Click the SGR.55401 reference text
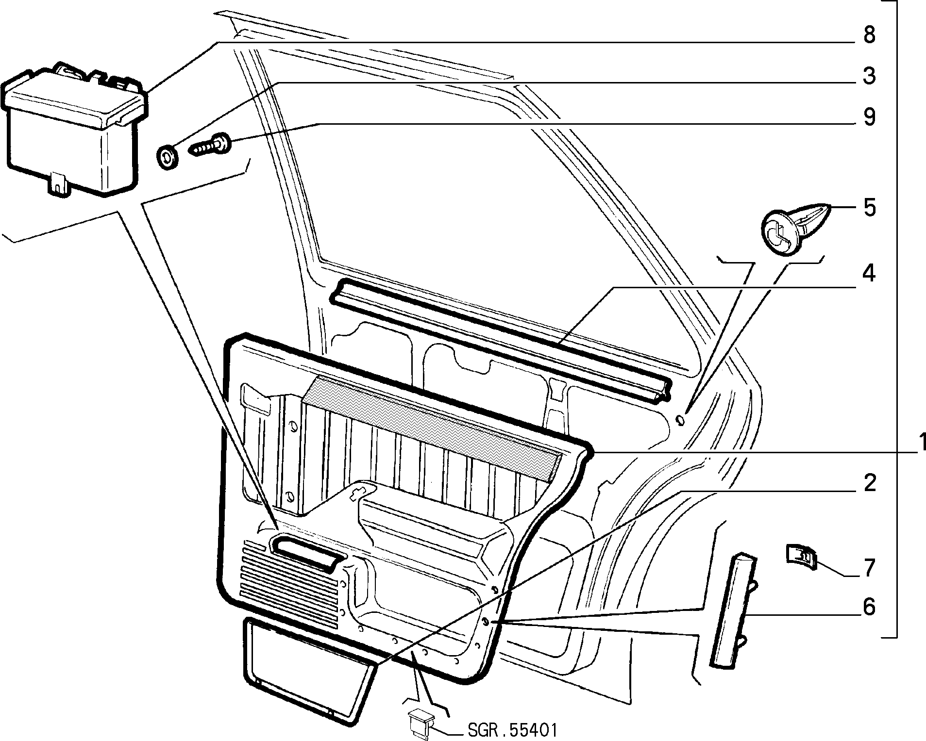coord(512,730)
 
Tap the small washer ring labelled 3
coord(168,157)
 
